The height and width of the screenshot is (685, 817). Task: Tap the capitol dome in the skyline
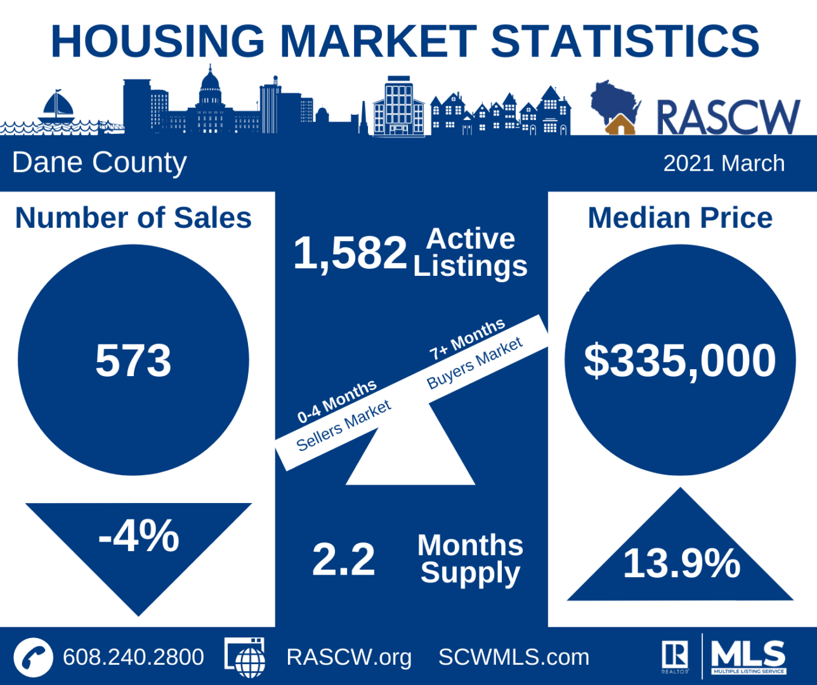click(x=210, y=89)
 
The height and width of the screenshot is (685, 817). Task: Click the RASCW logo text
click(x=728, y=117)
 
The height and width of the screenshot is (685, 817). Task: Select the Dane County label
click(x=100, y=162)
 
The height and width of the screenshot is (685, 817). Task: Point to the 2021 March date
click(x=724, y=164)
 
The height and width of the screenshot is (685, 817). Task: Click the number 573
click(x=133, y=360)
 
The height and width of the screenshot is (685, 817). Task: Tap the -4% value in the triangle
click(x=139, y=537)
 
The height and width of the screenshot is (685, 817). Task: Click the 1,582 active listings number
click(x=350, y=252)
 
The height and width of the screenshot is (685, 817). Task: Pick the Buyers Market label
click(x=474, y=363)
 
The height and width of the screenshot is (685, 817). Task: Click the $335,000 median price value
click(x=679, y=360)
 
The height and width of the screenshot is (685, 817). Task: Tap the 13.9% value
click(x=681, y=563)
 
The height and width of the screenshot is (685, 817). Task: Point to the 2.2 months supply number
click(x=343, y=559)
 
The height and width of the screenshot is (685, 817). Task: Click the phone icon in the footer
click(x=33, y=657)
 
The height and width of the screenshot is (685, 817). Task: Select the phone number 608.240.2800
click(x=133, y=657)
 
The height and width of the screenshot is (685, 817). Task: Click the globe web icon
click(x=245, y=658)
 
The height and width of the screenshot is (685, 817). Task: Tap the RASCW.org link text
click(x=349, y=657)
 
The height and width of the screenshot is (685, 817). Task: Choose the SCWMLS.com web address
click(x=514, y=657)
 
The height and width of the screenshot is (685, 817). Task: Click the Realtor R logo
click(x=675, y=655)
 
